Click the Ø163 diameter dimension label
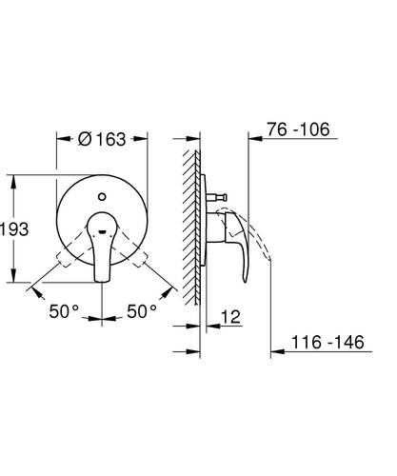pyautogui.click(x=102, y=139)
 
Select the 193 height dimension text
pyautogui.click(x=14, y=229)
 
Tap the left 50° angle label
pyautogui.click(x=64, y=311)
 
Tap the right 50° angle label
pyautogui.click(x=142, y=311)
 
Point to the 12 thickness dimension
pyautogui.click(x=230, y=316)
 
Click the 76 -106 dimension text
pyautogui.click(x=298, y=129)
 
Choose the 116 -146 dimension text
pyautogui.click(x=328, y=342)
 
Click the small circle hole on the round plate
pyautogui.click(x=102, y=197)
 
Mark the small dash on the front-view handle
pyautogui.click(x=102, y=231)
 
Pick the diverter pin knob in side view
pyautogui.click(x=216, y=197)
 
